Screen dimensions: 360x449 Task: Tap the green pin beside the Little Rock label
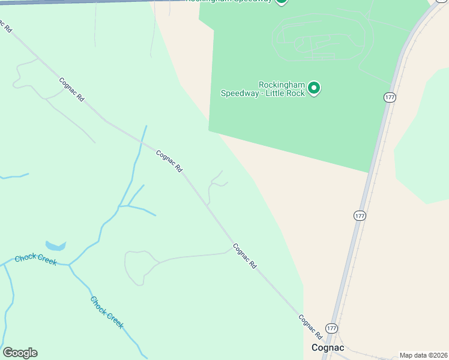click(313, 89)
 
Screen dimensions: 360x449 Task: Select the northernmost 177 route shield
click(390, 97)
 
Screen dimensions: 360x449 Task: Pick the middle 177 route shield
click(360, 215)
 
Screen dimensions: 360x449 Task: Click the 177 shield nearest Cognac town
click(332, 328)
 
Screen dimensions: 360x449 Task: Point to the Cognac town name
click(327, 347)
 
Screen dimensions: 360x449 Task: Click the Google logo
click(20, 353)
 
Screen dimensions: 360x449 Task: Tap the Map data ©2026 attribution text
click(423, 355)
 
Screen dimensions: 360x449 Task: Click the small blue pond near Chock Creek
click(55, 246)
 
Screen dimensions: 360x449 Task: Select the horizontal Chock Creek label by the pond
click(35, 259)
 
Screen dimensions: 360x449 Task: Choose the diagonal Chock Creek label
click(107, 312)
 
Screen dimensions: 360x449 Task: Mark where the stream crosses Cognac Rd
click(142, 142)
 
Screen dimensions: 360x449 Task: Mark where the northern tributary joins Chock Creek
click(69, 264)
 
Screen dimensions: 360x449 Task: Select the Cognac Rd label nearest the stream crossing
click(169, 161)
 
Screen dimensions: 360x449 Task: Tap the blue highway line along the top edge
click(90, 2)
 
